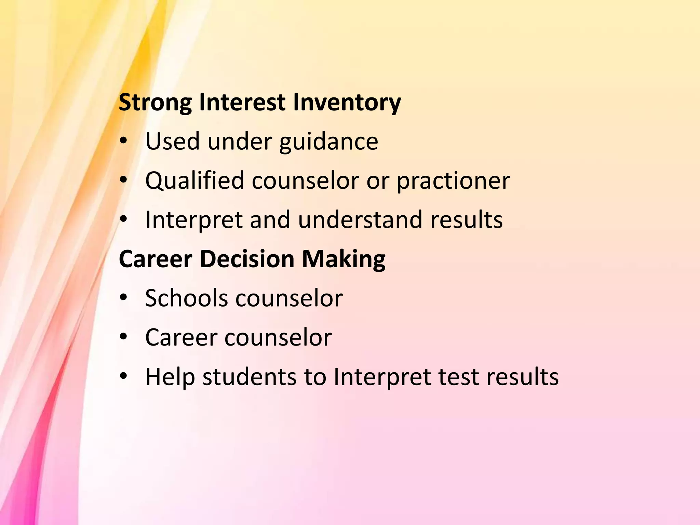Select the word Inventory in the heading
pos(347,103)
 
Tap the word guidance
pos(328,142)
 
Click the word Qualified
pos(194,180)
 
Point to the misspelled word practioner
pos(453,180)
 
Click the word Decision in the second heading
pos(247,259)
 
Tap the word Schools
pos(186,298)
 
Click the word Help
pos(170,377)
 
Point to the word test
pos(458,377)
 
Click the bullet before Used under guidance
pos(123,141)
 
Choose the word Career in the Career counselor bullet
pos(181,337)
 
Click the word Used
pos(173,142)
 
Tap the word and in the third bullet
pos(270,219)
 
